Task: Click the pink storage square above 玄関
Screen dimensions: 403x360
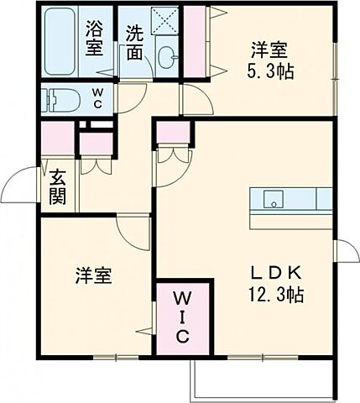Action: (x=57, y=137)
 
